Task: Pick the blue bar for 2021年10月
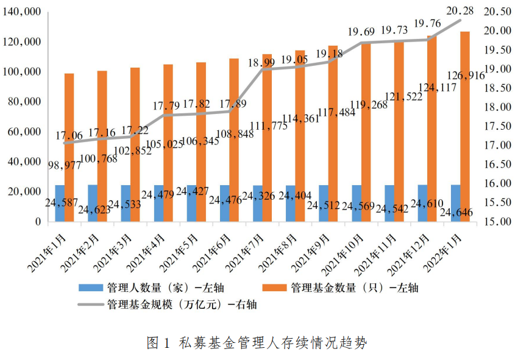(357, 203)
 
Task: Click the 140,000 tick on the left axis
(23, 12)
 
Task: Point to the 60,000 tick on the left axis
(26, 132)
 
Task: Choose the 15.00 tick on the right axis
(495, 222)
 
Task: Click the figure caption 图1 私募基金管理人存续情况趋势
(257, 343)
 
